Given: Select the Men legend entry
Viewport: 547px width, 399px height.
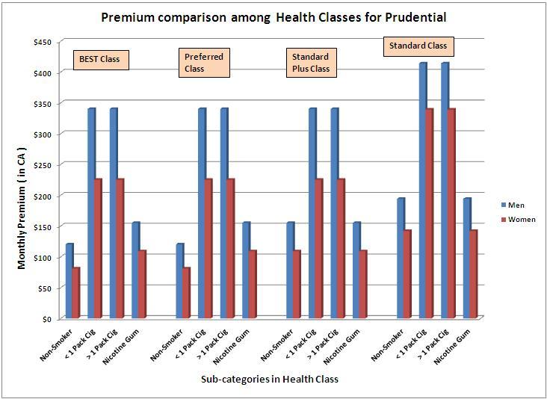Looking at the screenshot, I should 515,204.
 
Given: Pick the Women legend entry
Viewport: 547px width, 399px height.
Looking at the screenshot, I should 519,220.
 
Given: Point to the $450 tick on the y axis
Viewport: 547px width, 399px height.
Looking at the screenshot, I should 42,42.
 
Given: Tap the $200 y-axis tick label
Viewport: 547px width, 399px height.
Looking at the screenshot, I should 42,195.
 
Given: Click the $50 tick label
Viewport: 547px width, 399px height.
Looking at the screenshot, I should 44,288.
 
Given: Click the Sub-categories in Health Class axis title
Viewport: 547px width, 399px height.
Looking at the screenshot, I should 269,380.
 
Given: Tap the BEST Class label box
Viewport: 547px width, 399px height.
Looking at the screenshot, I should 101,60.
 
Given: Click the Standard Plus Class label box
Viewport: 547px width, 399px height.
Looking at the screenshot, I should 311,63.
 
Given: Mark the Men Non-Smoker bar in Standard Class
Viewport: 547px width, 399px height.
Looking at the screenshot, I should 400,259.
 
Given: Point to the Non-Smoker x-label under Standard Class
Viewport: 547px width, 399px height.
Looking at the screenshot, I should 392,345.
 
